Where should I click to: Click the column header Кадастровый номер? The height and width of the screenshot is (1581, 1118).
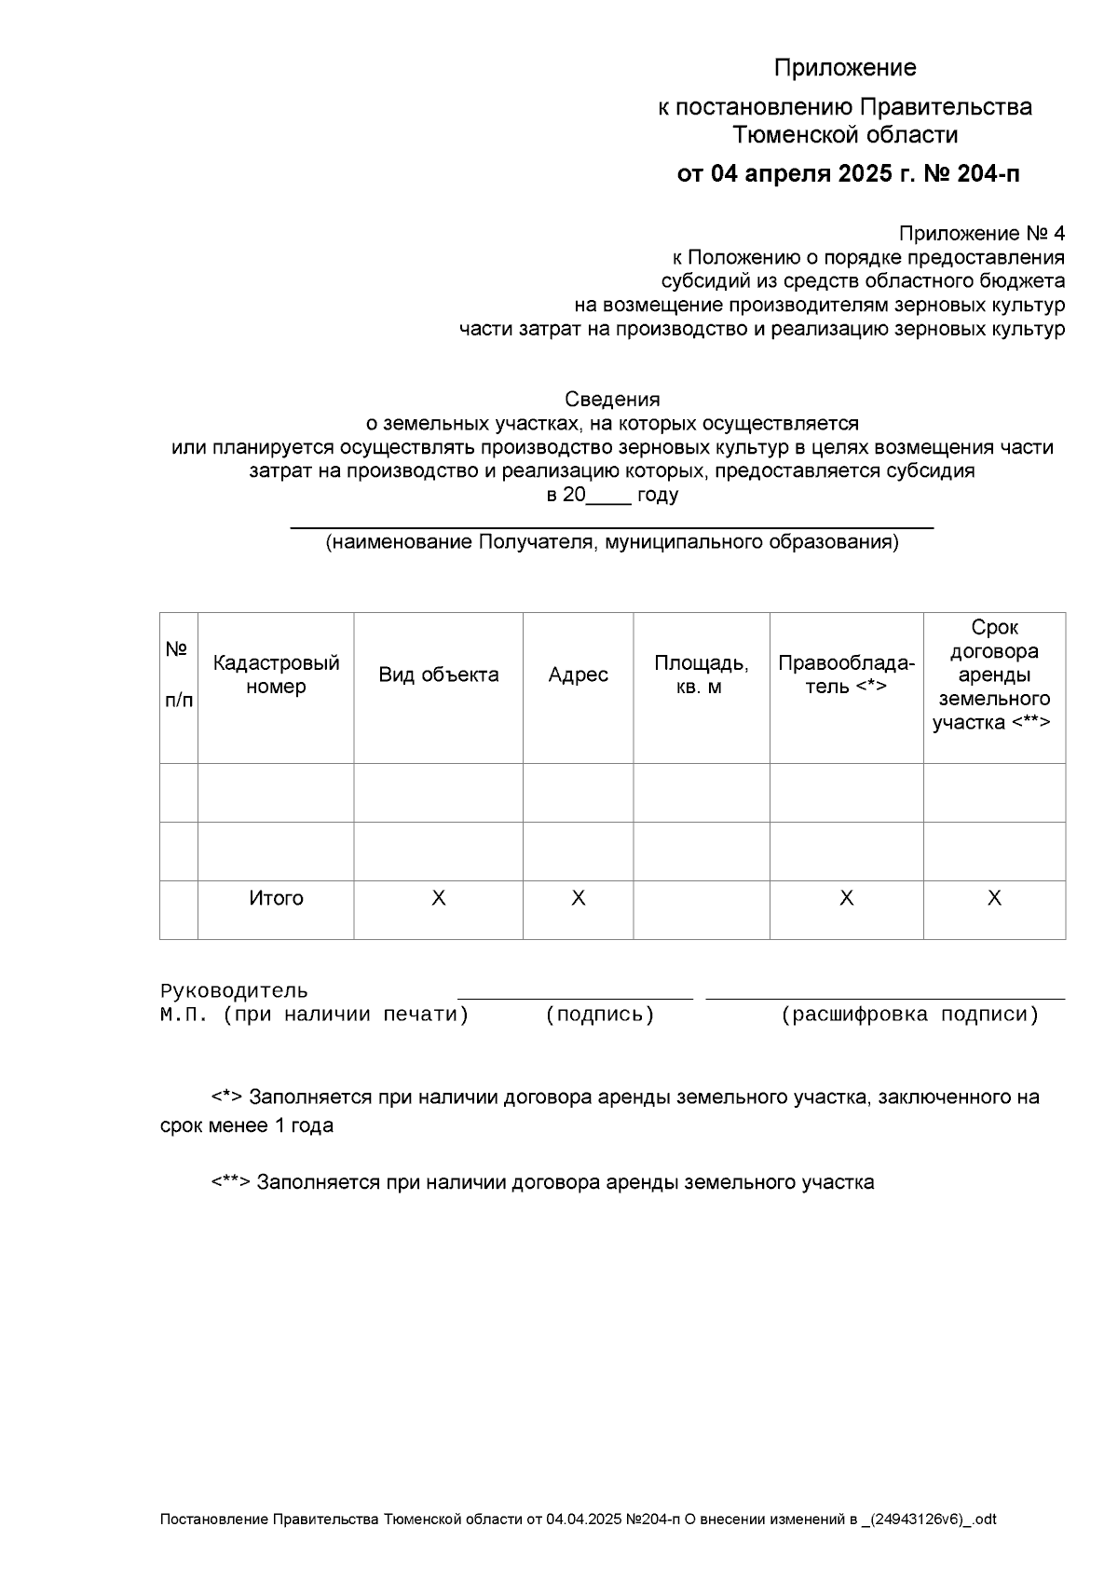(x=276, y=675)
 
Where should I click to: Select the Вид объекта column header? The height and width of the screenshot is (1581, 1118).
(x=438, y=675)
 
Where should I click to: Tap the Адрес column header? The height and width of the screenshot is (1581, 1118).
(x=578, y=675)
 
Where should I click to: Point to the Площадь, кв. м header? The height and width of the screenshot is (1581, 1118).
(x=701, y=675)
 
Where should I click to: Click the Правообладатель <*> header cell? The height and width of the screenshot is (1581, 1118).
(x=846, y=675)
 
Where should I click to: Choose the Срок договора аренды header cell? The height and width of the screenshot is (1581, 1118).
(x=993, y=675)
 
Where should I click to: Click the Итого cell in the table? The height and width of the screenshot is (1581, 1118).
(x=276, y=898)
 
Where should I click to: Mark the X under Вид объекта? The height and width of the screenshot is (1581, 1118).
(x=438, y=898)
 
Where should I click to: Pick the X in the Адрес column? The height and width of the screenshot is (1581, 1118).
(x=578, y=898)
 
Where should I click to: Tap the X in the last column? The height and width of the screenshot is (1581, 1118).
(x=994, y=898)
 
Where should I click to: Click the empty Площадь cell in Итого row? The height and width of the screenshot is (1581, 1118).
(x=701, y=909)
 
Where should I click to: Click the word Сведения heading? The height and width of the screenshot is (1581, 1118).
(x=612, y=400)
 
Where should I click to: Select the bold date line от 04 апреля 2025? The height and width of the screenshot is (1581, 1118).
(x=848, y=174)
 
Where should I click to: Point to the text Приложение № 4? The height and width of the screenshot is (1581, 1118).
(x=981, y=233)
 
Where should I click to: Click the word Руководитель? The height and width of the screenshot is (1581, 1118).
(x=234, y=991)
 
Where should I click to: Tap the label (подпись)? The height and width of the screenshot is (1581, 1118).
(x=600, y=1015)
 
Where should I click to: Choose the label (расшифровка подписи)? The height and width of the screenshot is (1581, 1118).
(x=909, y=1015)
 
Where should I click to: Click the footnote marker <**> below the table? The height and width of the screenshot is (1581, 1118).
(x=230, y=1182)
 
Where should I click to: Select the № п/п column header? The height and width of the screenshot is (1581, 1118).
(x=178, y=675)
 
